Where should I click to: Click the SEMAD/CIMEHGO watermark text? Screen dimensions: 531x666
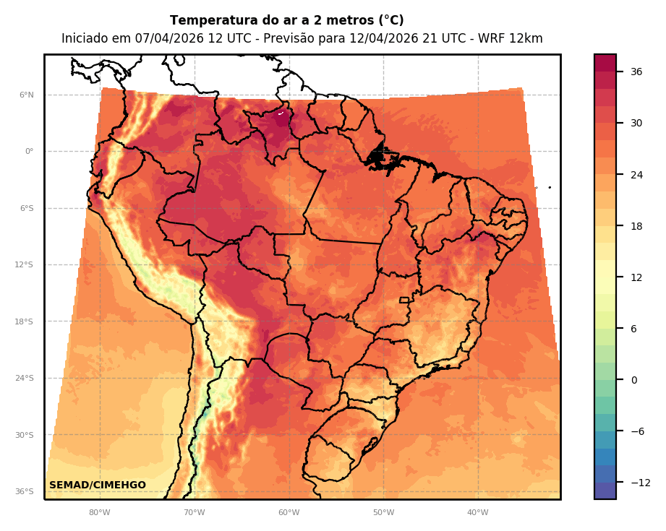[x=98, y=485]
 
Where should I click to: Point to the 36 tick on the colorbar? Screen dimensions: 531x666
[x=636, y=72]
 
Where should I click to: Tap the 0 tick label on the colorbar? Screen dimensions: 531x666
[x=634, y=380]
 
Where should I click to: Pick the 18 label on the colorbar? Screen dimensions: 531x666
[x=636, y=226]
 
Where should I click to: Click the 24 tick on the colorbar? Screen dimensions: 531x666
[x=636, y=175]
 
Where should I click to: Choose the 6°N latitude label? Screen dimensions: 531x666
[x=27, y=95]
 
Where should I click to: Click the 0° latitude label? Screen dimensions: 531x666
[x=29, y=152]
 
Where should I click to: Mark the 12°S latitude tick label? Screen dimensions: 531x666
[x=25, y=265]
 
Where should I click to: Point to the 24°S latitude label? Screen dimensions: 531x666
[x=25, y=379]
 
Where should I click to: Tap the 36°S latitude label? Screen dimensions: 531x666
[x=25, y=492]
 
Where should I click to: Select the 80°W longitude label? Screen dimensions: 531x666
[x=100, y=513]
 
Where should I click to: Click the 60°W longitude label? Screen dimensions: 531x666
[x=289, y=513]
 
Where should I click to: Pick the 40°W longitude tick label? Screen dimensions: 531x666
[x=477, y=513]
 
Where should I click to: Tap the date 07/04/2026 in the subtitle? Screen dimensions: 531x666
[x=170, y=39]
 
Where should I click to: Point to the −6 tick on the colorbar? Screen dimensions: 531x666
[x=637, y=431]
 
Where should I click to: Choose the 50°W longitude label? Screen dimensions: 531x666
[x=383, y=513]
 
